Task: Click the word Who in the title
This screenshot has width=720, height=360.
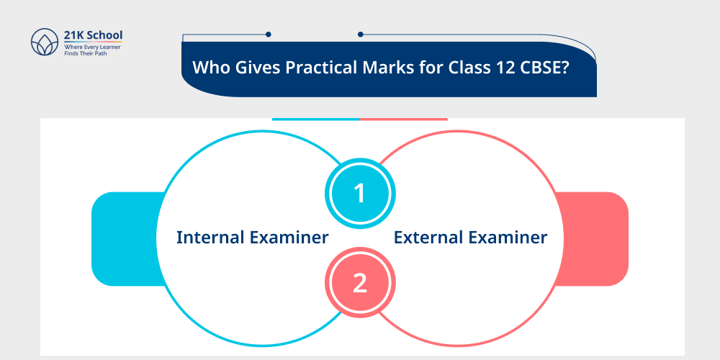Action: [207, 68]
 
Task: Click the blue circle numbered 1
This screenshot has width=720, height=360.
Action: [359, 193]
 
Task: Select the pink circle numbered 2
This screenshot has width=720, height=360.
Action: [359, 282]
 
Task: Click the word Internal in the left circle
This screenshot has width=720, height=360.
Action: [212, 238]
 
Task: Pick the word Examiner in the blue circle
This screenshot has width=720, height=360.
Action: [290, 238]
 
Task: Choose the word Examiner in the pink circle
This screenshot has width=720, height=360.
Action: [509, 238]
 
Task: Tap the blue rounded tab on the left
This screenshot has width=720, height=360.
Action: [122, 238]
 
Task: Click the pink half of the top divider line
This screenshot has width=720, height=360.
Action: [403, 119]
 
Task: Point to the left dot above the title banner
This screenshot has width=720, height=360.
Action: [268, 34]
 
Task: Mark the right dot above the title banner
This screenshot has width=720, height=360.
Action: [360, 34]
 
